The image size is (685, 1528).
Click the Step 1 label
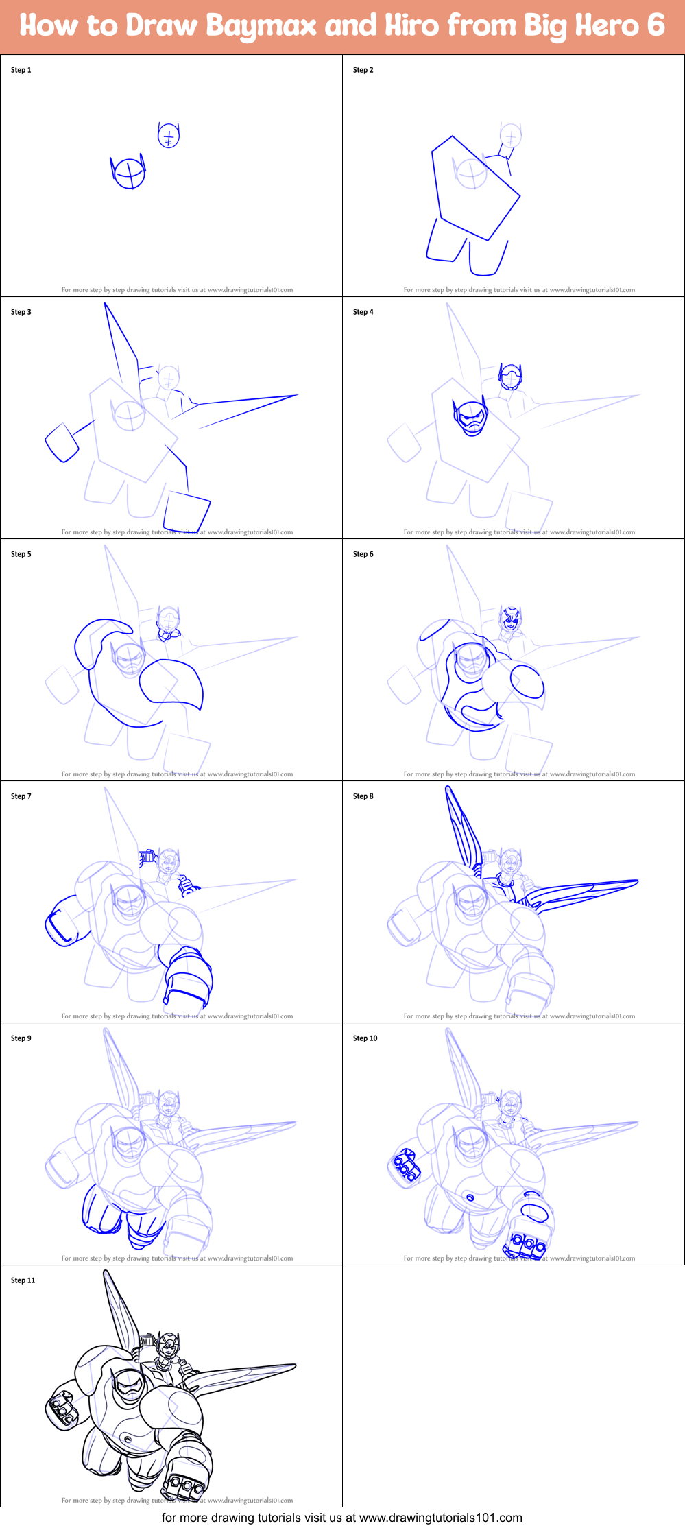pyautogui.click(x=21, y=70)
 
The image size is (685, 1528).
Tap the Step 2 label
pyautogui.click(x=363, y=70)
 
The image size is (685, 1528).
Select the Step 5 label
pyautogui.click(x=21, y=554)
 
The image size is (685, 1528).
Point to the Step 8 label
pyautogui.click(x=363, y=796)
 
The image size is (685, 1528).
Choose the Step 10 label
pyautogui.click(x=365, y=1038)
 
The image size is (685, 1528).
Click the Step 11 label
pyautogui.click(x=23, y=1280)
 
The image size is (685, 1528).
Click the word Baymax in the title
pyautogui.click(x=261, y=26)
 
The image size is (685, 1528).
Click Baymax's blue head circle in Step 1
pyautogui.click(x=129, y=174)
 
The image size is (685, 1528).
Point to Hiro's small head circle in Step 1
pyautogui.click(x=169, y=135)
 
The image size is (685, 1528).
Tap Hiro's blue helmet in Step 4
pyautogui.click(x=509, y=377)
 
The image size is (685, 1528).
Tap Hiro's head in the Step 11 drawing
pyautogui.click(x=168, y=1346)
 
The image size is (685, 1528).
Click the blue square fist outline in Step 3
pyautogui.click(x=62, y=442)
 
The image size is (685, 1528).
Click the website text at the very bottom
pyautogui.click(x=342, y=1518)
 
